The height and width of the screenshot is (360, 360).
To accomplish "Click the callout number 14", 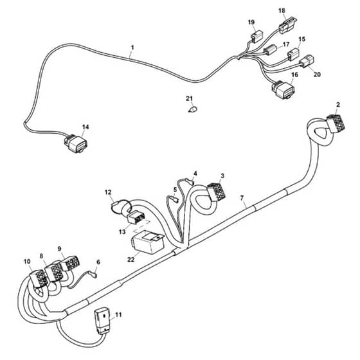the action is [85, 127].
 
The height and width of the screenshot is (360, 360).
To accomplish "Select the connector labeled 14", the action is [76, 143].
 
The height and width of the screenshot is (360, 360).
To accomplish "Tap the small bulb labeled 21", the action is [193, 109].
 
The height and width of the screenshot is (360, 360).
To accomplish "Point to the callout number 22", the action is [130, 259].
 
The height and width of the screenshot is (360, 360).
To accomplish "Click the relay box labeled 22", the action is [148, 242].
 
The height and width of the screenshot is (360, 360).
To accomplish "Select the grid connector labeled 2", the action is [336, 123].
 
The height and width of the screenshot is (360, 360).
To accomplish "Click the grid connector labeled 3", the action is [217, 191].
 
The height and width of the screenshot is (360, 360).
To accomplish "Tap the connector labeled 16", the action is [283, 89].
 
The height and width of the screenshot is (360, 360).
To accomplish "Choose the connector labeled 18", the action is [289, 26].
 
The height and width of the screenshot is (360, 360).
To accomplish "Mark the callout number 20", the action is [317, 75].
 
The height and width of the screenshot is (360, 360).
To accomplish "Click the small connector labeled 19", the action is [257, 37].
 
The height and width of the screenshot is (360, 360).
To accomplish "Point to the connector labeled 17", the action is [271, 50].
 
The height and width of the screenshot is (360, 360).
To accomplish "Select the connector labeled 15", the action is [293, 55].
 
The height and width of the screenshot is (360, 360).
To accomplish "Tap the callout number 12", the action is [108, 192].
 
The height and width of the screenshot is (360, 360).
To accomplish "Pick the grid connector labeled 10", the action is [38, 278].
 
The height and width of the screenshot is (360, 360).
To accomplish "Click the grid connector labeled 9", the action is [71, 263].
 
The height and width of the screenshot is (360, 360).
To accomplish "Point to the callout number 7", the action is [242, 198].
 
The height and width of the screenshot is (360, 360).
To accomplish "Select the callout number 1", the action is [132, 48].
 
